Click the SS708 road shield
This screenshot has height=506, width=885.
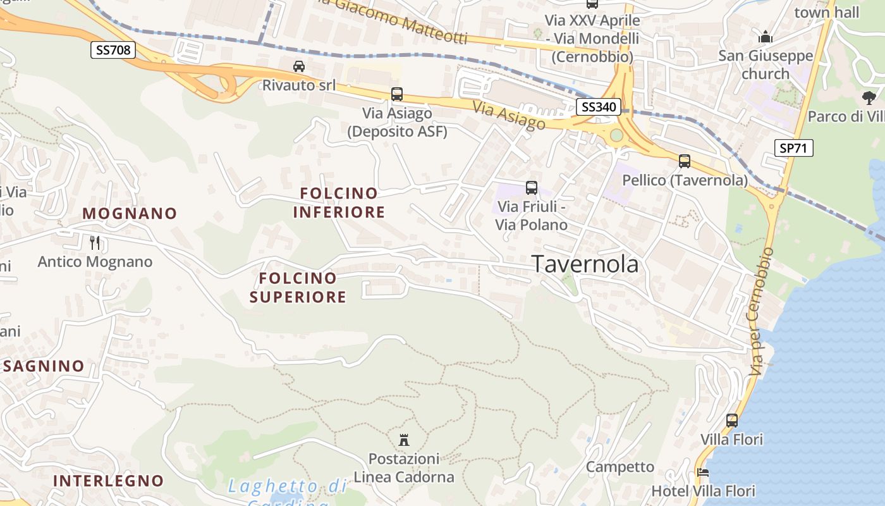pos(113,49)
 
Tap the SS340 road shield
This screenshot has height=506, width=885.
pos(597,106)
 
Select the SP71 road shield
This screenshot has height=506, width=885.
pos(793,148)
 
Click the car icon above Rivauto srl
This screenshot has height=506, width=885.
pos(299,66)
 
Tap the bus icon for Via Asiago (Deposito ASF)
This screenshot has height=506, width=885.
pos(397,94)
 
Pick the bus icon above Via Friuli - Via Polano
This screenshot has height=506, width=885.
pos(531,187)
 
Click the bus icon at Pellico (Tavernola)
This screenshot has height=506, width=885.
pos(685,161)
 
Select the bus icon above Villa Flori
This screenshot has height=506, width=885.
pos(731,420)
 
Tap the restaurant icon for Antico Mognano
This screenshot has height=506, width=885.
pos(95,242)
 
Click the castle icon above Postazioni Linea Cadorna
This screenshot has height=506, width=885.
pos(403,440)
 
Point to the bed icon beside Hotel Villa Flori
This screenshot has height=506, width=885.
pos(702,472)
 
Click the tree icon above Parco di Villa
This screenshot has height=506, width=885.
pos(869,97)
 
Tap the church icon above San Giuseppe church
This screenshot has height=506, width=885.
pos(766,36)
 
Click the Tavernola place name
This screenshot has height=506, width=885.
pos(585,264)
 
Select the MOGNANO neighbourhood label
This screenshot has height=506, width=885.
pos(130,213)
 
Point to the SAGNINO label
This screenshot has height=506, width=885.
pos(44,366)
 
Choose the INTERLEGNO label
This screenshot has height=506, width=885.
pos(108,480)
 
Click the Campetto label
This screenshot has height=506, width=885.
pos(619,467)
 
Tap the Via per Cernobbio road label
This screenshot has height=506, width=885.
pos(761,311)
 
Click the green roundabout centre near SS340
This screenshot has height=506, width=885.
pos(616,135)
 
